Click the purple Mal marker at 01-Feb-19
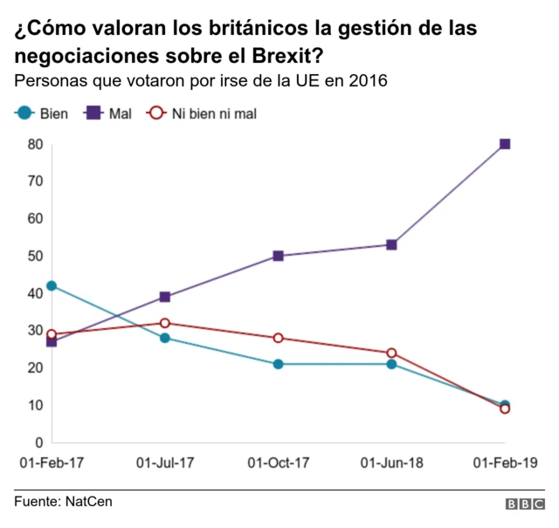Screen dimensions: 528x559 click(x=505, y=144)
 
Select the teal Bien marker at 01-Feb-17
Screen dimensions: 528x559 click(x=52, y=285)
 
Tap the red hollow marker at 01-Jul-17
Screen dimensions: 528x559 click(x=165, y=323)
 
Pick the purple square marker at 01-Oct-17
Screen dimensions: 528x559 click(x=278, y=256)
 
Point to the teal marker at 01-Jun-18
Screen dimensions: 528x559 click(x=391, y=364)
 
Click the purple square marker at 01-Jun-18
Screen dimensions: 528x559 click(x=391, y=244)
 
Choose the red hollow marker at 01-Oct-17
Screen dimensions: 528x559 click(x=278, y=338)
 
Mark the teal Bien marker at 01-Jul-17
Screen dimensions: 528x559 click(x=165, y=338)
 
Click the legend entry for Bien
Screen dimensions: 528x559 click(x=44, y=113)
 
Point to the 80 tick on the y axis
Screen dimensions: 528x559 click(x=35, y=144)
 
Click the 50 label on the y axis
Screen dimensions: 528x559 click(x=35, y=256)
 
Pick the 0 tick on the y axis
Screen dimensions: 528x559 click(x=38, y=442)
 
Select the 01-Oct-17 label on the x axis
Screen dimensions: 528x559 click(x=278, y=463)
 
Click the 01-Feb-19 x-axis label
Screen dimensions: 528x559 click(x=505, y=463)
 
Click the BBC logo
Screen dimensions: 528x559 click(x=524, y=504)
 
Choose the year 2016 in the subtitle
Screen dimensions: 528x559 click(x=369, y=80)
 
